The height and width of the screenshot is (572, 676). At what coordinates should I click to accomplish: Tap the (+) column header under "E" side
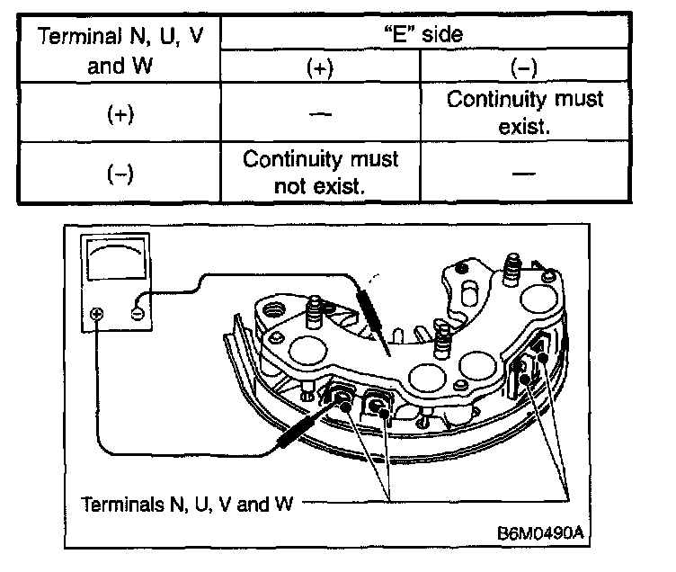[319, 68]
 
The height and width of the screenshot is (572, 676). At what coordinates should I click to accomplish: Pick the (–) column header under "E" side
[525, 68]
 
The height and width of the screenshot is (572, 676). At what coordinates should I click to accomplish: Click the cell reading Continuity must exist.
[525, 112]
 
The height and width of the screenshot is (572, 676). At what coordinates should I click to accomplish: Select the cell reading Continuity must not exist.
[321, 172]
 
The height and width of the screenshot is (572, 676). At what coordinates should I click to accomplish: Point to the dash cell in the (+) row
[321, 114]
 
